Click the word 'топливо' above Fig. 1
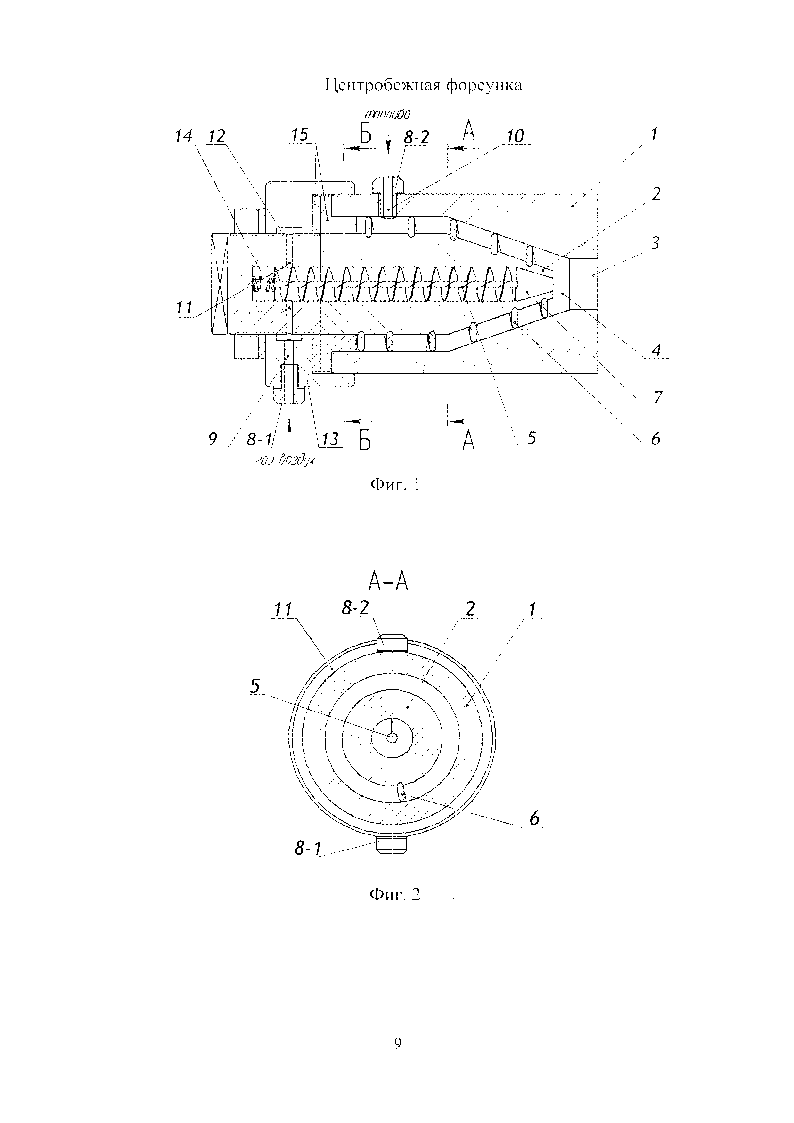[x=387, y=114]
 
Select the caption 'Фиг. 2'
[x=395, y=895]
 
